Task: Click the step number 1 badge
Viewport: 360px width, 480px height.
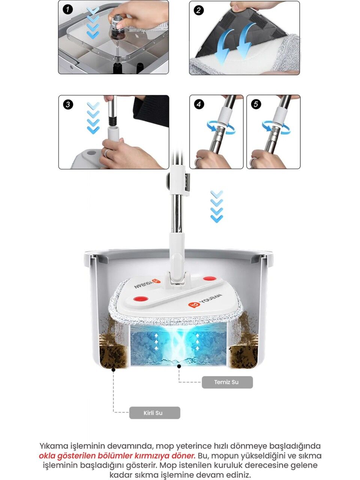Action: point(67,9)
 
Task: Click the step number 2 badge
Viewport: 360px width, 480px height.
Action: point(199,10)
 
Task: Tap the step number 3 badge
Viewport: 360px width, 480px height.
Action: point(68,104)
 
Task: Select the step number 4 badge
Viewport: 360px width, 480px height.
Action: point(199,104)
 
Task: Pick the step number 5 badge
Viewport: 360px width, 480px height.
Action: point(256,104)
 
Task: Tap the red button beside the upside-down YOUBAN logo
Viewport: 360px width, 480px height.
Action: point(141,298)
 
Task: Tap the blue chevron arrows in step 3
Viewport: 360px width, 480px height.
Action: point(93,118)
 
